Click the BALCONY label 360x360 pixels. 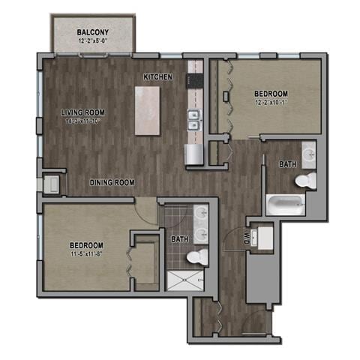point(93,32)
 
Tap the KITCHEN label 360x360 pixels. point(158,76)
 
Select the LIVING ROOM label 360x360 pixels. point(82,112)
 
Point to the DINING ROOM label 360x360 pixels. point(112,182)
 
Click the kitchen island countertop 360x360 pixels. point(148,109)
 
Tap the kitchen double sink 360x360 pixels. point(193,120)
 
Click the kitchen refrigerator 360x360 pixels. point(193,154)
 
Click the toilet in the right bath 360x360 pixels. point(305,180)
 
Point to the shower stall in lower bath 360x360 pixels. point(184,280)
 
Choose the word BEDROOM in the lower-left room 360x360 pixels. point(86,245)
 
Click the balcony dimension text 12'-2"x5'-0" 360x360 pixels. point(94,42)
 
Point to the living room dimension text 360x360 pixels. point(84,121)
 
